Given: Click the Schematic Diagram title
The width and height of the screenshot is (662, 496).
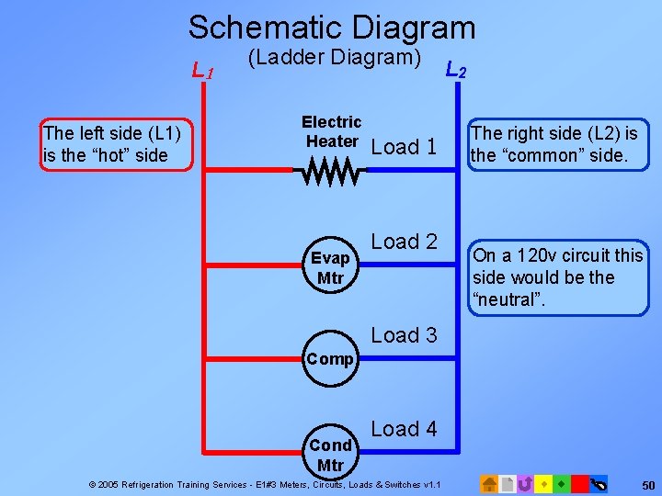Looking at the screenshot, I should coord(332,27).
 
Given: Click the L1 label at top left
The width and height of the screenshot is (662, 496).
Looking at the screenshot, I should coord(202,70).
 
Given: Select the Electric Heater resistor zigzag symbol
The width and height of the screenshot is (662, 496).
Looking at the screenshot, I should coord(331,171).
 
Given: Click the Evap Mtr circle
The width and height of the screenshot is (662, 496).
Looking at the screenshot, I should coord(331,266).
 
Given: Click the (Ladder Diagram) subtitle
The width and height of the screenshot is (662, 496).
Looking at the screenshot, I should coord(335,59).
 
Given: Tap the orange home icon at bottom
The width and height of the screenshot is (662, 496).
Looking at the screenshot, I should coord(490,483).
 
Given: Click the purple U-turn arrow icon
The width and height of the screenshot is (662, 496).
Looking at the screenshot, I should coord(525,483).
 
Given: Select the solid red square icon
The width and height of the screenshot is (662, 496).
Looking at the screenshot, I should coord(579,483).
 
